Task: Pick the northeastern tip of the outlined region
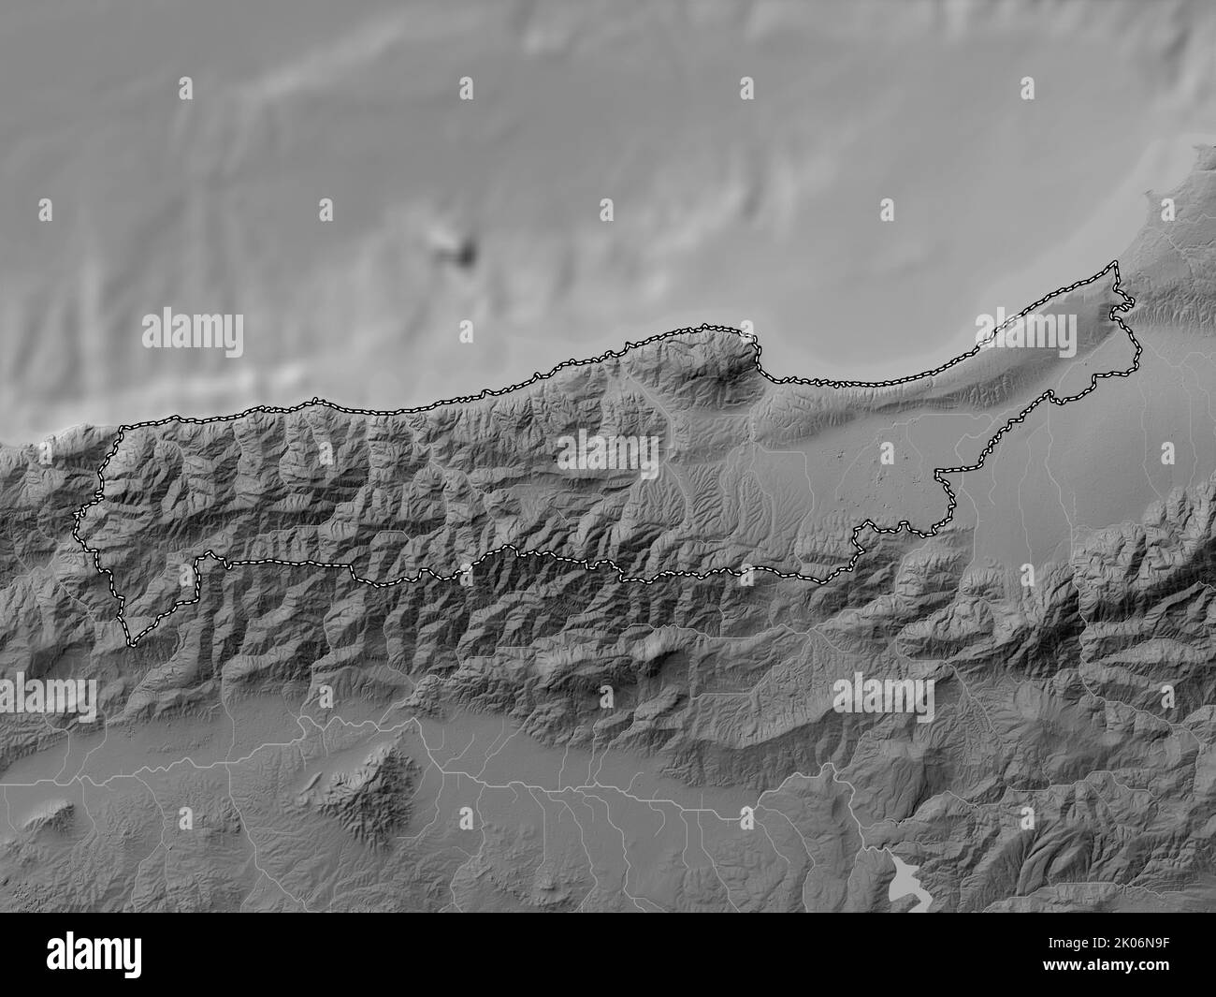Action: [1115, 266]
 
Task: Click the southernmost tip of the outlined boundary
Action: [131, 645]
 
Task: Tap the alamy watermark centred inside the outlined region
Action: [608, 454]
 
